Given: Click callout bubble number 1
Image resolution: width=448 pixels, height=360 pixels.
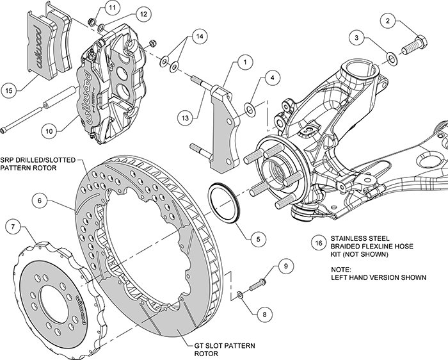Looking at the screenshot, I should point(244,63).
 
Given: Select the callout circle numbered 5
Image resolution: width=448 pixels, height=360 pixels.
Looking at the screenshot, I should point(258,239).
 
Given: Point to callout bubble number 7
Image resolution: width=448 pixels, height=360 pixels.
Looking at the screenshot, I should point(14,226).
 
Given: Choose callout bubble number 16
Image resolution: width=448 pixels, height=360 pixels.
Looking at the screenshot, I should point(318,243).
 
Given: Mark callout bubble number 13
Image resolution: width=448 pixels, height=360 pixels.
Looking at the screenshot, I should point(186,119).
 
